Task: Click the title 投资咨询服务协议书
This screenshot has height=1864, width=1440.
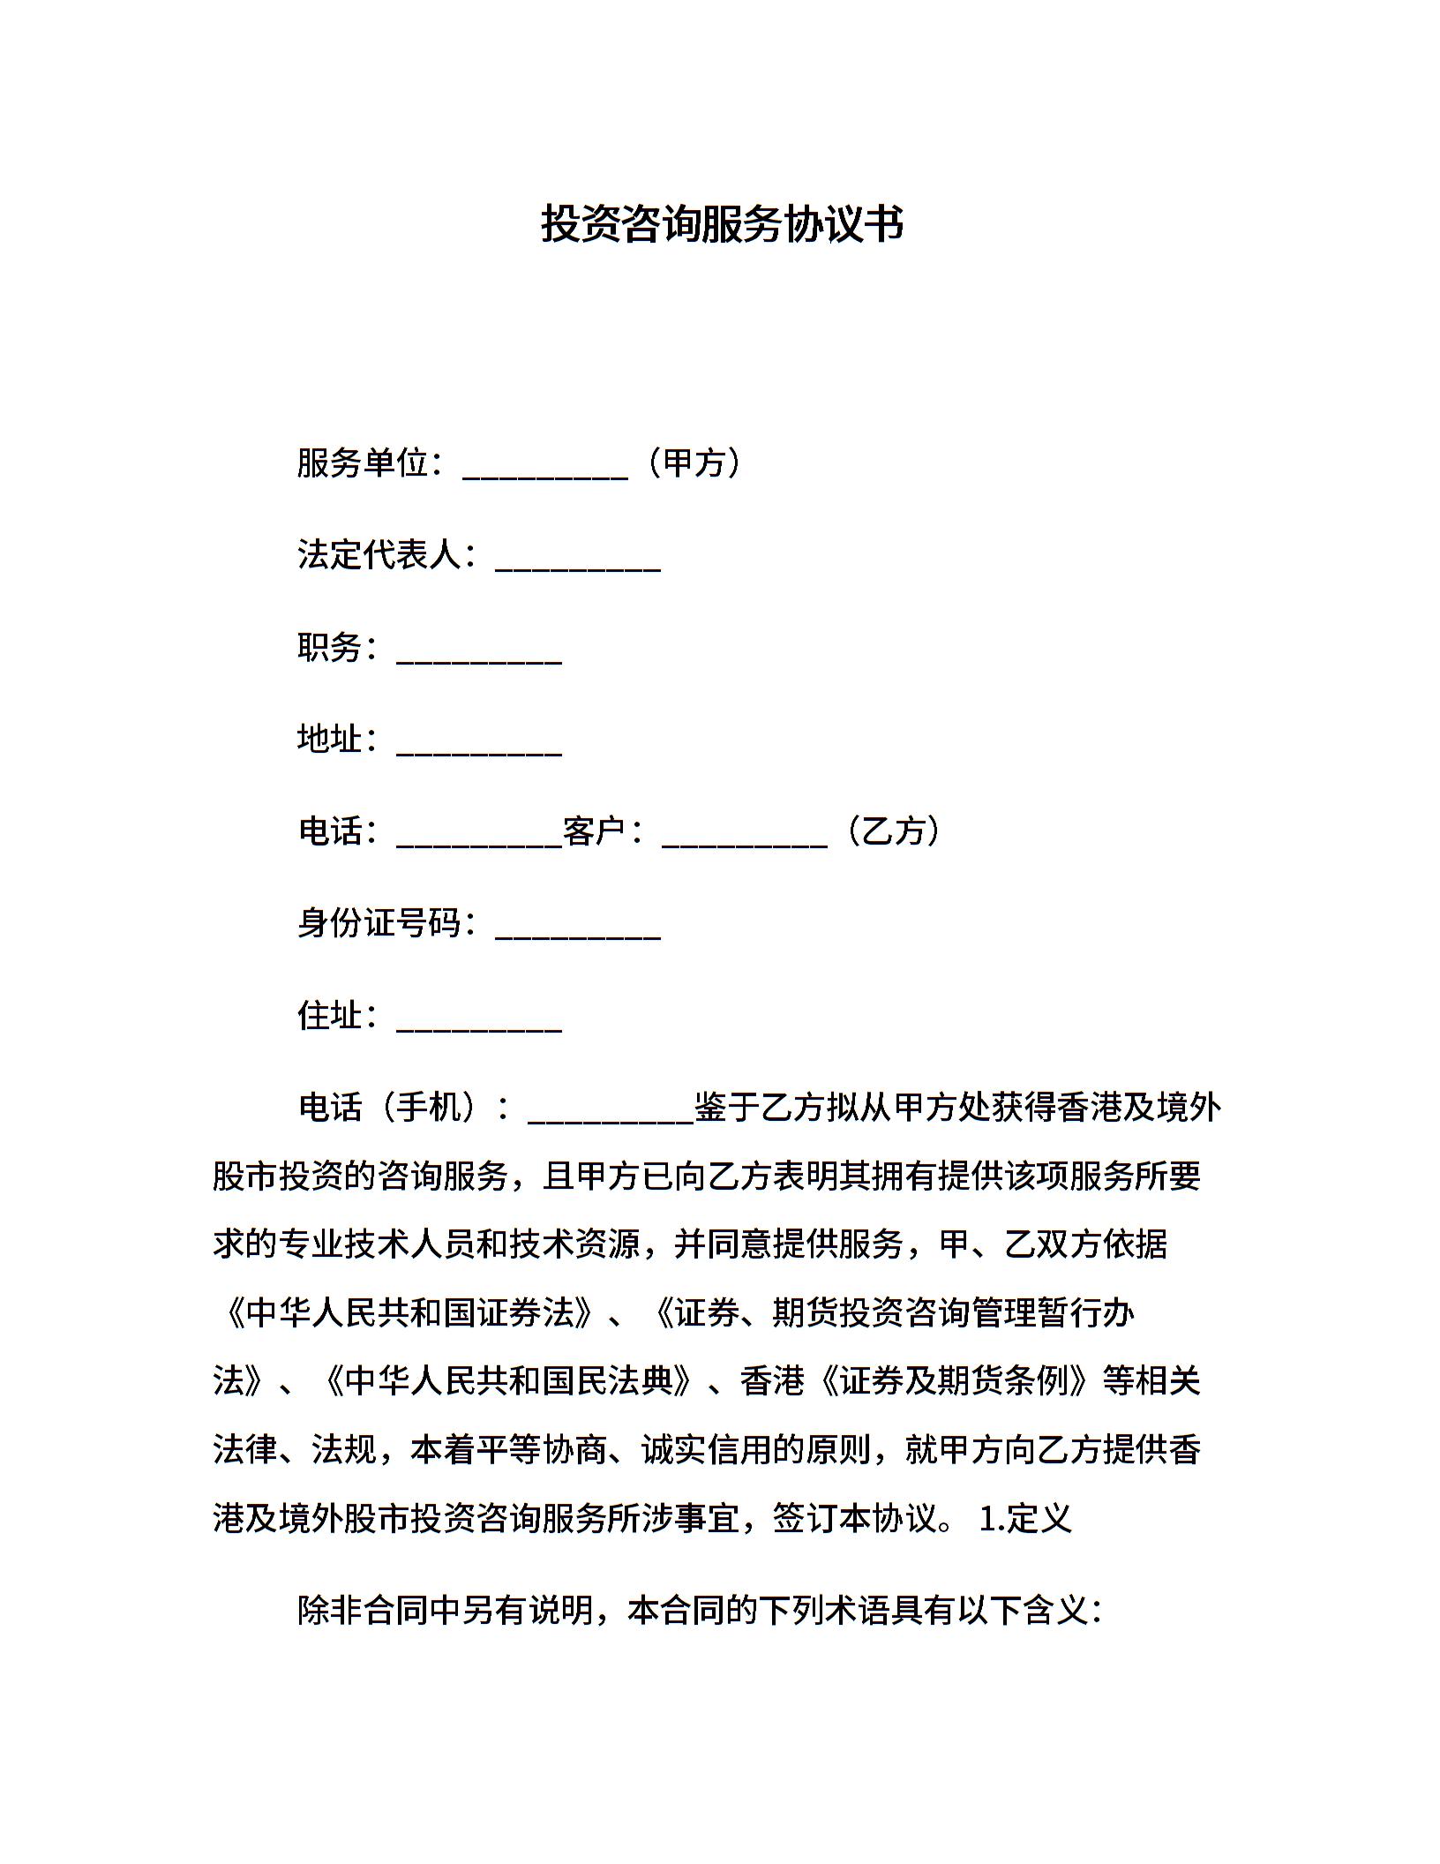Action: (x=722, y=224)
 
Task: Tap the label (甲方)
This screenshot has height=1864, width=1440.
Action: (x=694, y=463)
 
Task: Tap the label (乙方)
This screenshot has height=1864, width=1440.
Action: (x=893, y=831)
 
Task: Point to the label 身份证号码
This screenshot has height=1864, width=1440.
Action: (x=379, y=923)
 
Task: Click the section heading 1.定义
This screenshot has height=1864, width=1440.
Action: (x=1025, y=1519)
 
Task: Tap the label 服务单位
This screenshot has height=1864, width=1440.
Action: (x=363, y=463)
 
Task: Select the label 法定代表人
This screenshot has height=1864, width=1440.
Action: (x=379, y=555)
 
